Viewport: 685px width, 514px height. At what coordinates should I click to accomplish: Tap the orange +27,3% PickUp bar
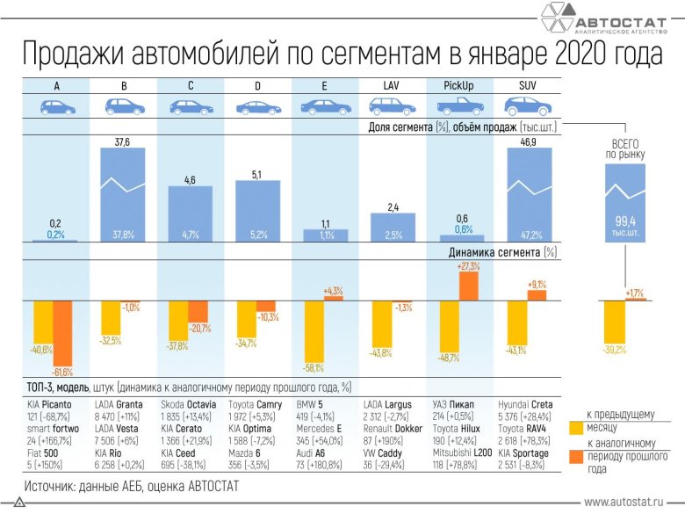click(x=468, y=286)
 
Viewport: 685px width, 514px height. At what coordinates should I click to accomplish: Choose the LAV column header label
click(x=393, y=85)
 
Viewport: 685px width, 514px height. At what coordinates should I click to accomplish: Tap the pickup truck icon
click(x=461, y=106)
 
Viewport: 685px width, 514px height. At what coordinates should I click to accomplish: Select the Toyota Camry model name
click(x=258, y=403)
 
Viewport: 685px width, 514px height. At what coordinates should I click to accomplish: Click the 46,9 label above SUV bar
click(x=530, y=141)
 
